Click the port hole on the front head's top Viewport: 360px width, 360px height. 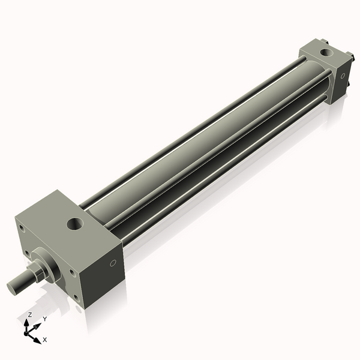click(75, 226)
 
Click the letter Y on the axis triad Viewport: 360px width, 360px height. click(45, 319)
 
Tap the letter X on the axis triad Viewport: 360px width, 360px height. click(45, 340)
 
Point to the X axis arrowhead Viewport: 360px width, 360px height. click(37, 337)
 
